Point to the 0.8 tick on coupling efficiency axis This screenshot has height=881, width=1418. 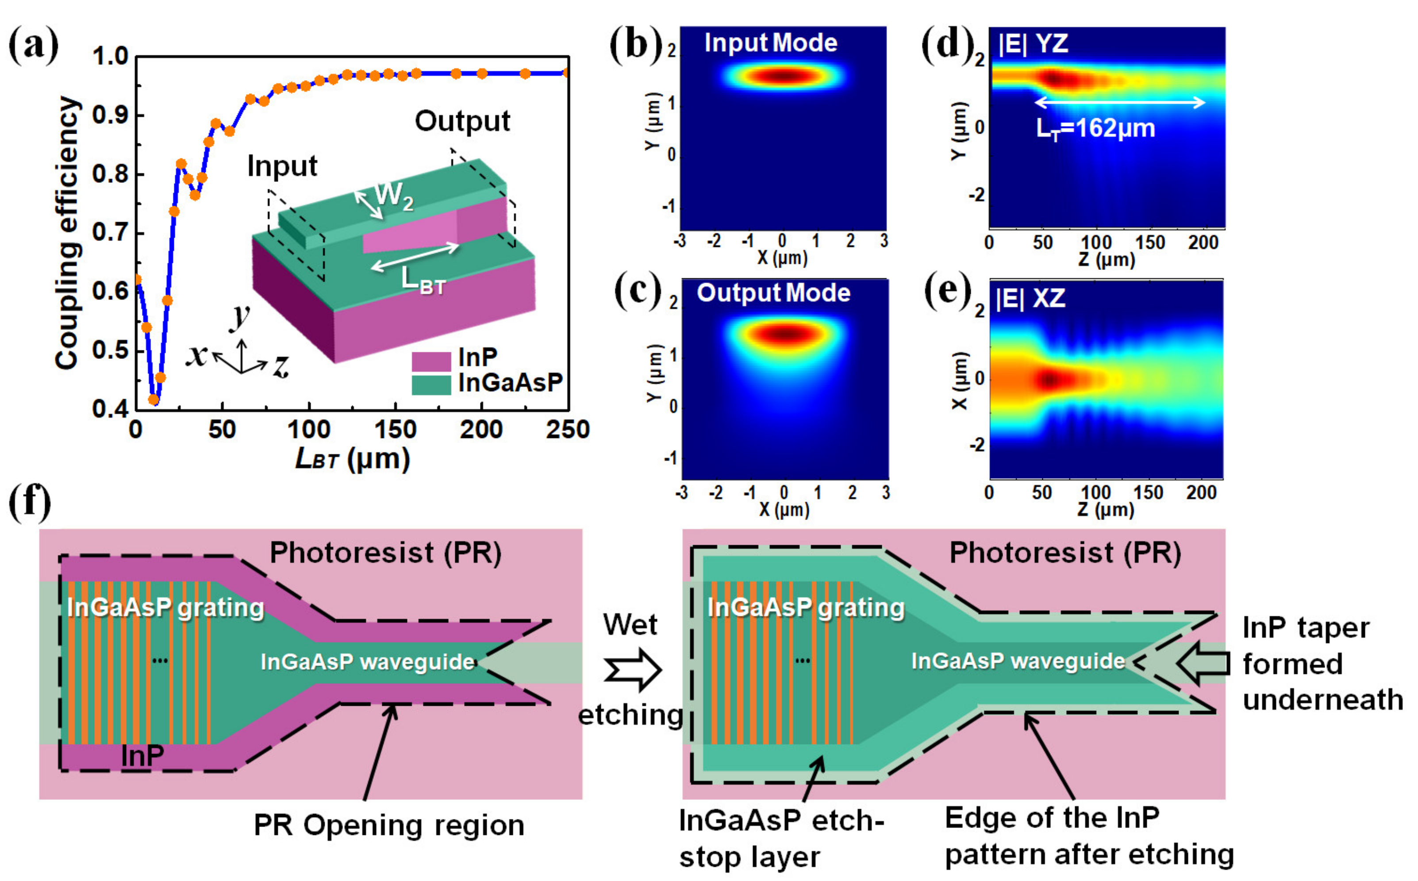click(x=111, y=174)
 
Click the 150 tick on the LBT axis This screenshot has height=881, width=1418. click(x=395, y=431)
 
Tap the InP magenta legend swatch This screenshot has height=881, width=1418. click(x=431, y=361)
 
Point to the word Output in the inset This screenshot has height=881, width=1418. click(x=462, y=121)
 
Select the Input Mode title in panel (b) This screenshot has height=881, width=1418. click(x=770, y=43)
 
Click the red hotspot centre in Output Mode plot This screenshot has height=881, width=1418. click(x=785, y=334)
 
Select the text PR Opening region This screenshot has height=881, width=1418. click(x=388, y=826)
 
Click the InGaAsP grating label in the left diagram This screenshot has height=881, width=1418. click(x=165, y=608)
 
